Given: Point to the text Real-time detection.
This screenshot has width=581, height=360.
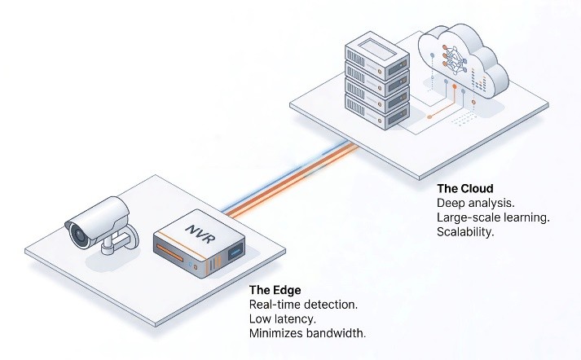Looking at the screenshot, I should (302, 304).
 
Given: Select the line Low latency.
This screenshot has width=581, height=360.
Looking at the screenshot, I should (282, 318).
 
